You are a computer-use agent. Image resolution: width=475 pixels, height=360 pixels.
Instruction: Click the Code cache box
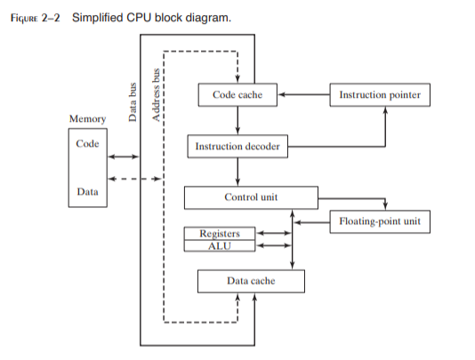(x=237, y=94)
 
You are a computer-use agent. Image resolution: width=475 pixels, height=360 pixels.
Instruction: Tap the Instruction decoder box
(x=237, y=146)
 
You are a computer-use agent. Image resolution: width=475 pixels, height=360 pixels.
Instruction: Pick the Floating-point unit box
(x=380, y=220)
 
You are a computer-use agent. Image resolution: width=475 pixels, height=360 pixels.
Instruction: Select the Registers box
(x=219, y=234)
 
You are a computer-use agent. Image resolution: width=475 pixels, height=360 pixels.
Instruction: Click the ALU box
(x=219, y=245)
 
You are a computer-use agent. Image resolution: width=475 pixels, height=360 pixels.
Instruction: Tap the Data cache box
(x=250, y=281)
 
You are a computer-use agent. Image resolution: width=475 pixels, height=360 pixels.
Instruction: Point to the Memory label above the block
(x=87, y=119)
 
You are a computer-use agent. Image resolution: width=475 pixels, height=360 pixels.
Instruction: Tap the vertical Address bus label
(x=157, y=89)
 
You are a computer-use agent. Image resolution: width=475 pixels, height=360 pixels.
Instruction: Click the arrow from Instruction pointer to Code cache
(x=302, y=93)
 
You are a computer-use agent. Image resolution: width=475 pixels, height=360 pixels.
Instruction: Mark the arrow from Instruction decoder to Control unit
(x=237, y=172)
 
